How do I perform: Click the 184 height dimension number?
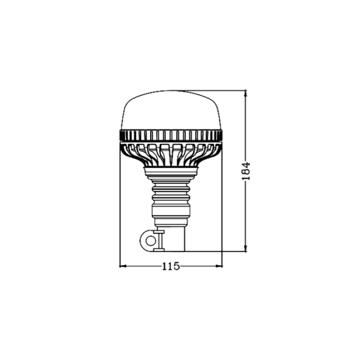click(246, 171)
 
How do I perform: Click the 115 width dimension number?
click(171, 266)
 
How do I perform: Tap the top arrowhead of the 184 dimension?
click(246, 93)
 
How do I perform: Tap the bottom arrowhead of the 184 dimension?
click(246, 249)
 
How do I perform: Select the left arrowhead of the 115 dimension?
click(122, 266)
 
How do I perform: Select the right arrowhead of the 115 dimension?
click(220, 266)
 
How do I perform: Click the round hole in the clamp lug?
click(150, 241)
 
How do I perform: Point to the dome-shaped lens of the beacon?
click(171, 110)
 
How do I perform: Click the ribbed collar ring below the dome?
click(171, 136)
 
